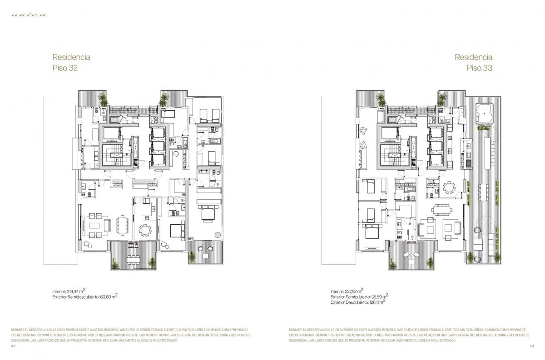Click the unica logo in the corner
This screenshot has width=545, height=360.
[x=29, y=15]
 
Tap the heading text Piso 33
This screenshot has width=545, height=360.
[x=480, y=68]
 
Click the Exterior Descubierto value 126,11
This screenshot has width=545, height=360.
[x=376, y=302]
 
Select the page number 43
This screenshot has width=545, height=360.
[x=531, y=345]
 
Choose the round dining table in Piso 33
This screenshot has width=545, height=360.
[x=449, y=187]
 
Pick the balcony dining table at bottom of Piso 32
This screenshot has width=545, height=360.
[x=133, y=259]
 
